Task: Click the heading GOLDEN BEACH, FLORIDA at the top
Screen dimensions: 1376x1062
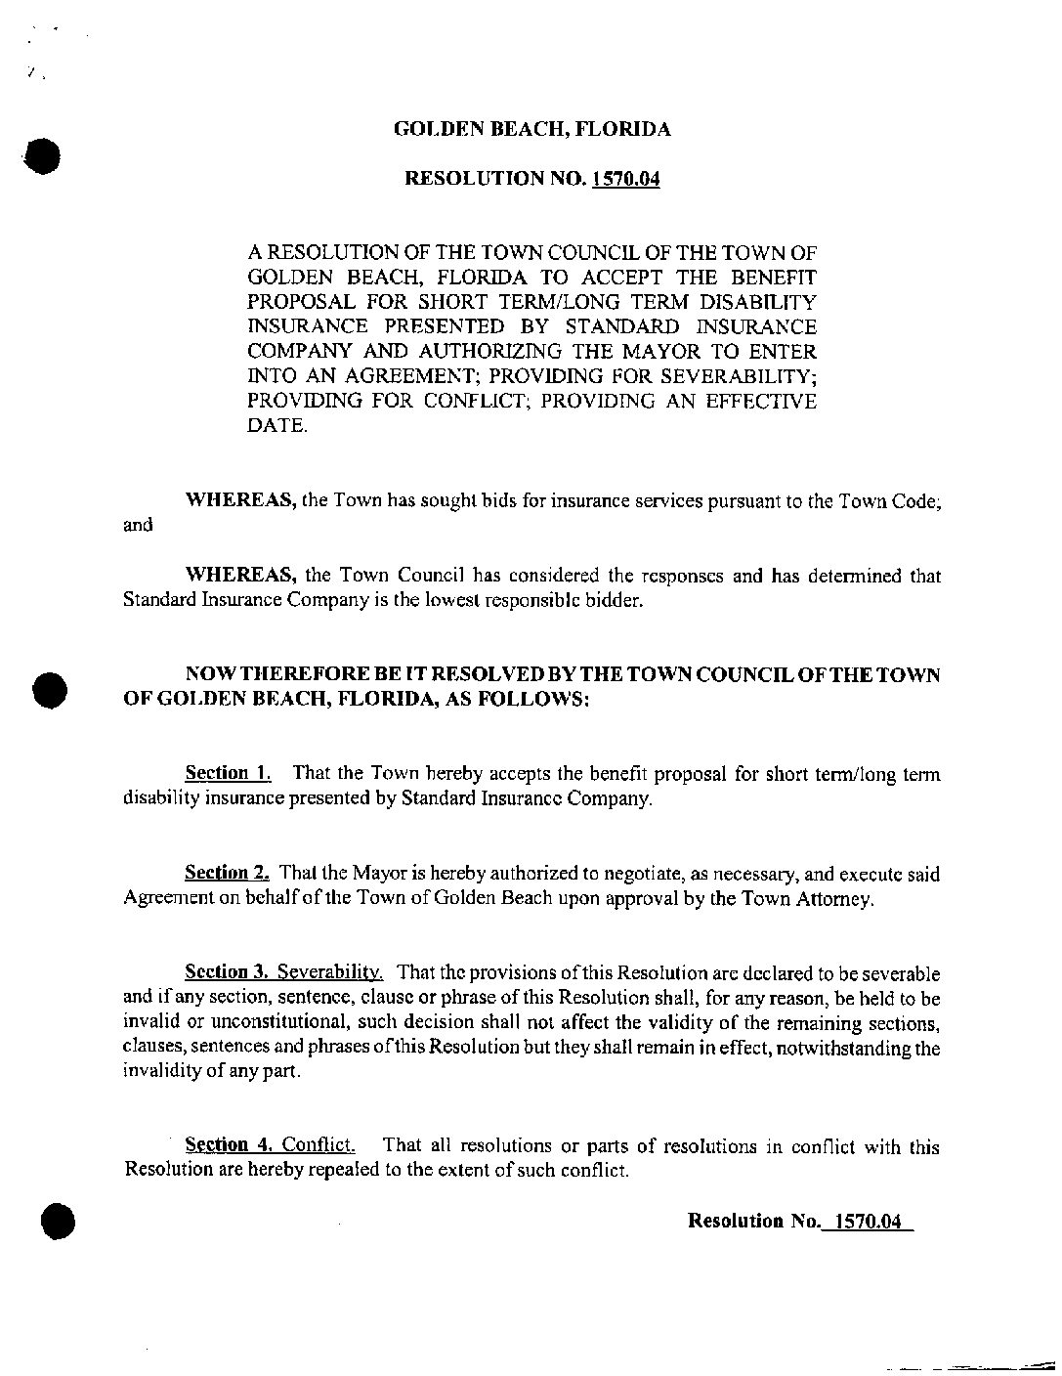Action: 531,129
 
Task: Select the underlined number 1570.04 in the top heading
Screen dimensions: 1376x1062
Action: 625,179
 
